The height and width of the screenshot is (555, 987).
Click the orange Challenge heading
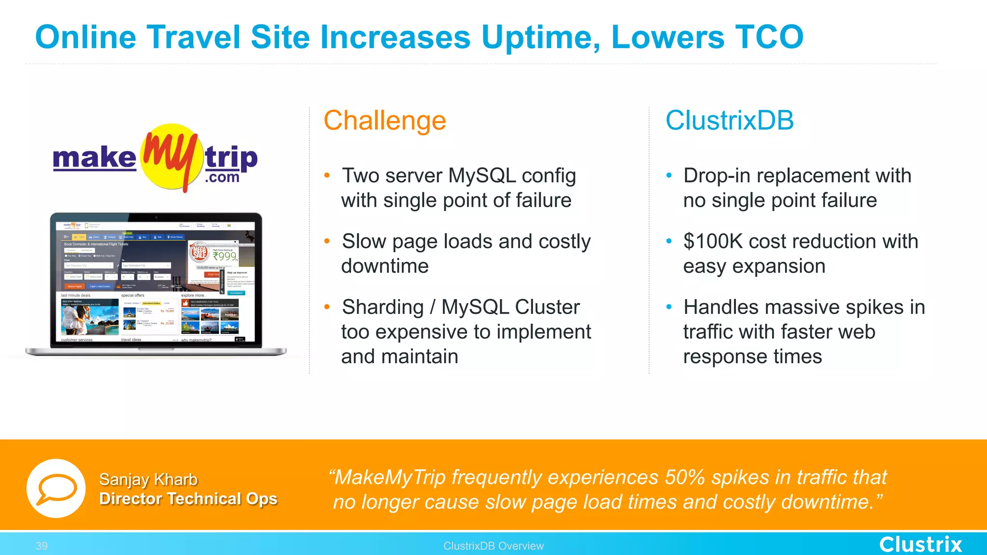coord(385,120)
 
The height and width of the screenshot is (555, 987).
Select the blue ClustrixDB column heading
coord(729,120)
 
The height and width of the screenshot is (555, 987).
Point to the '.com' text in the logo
coord(222,177)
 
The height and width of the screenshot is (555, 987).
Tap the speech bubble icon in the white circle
coord(56,488)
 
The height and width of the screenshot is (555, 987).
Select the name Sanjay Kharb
coord(148,479)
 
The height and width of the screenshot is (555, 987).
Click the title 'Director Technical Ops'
coord(188,499)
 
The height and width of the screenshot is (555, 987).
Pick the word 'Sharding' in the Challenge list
coord(383,307)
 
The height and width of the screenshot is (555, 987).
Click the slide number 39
coord(41,546)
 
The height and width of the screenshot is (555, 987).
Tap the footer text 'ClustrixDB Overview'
coord(493,546)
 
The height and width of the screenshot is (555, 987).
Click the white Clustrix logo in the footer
coord(920,544)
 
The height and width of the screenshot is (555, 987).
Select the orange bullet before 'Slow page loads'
coord(327,241)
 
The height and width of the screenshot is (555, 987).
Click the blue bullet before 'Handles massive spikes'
coord(669,307)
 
